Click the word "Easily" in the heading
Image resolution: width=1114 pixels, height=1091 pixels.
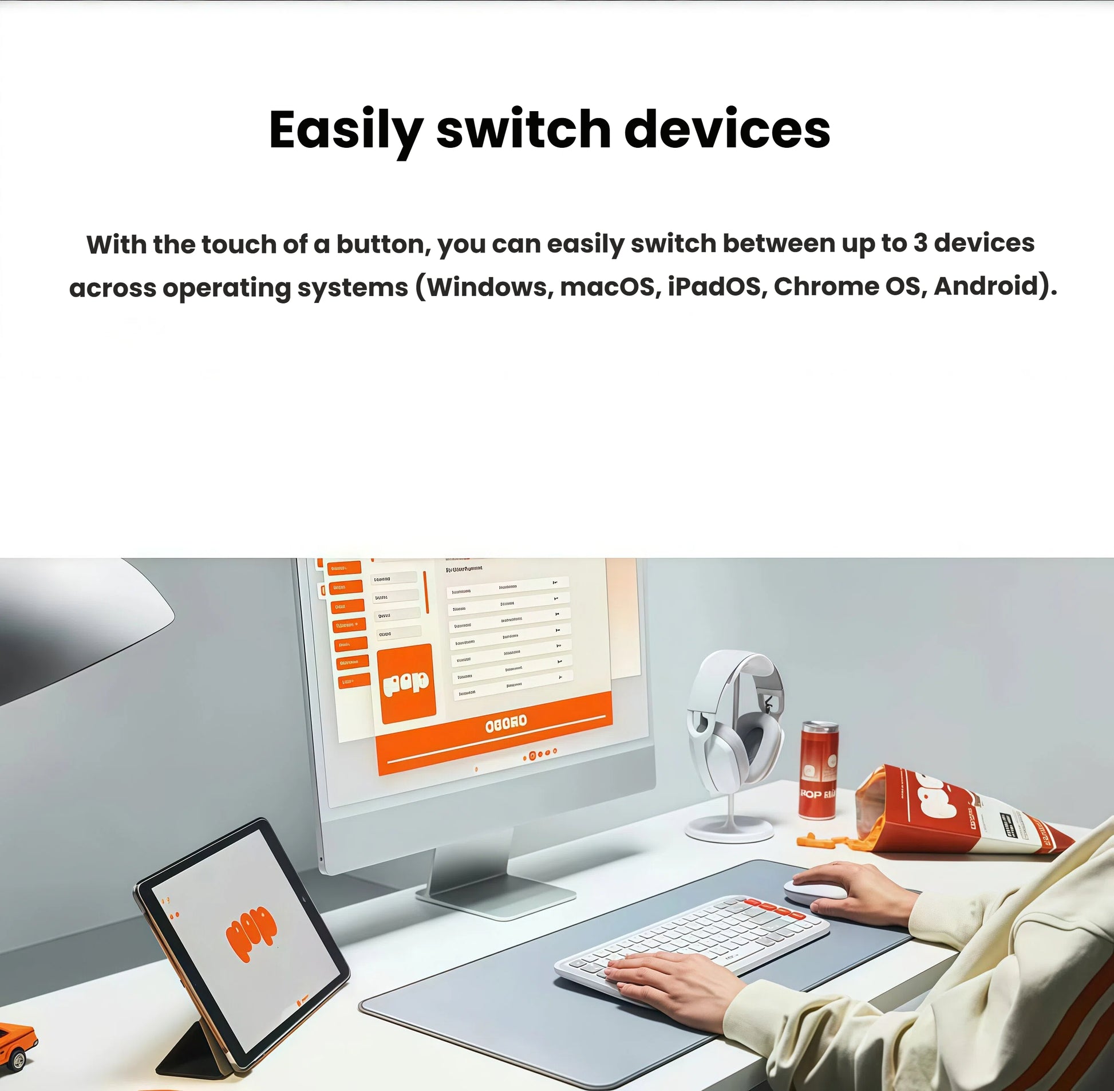[346, 131]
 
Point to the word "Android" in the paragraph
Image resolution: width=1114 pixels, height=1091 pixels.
[986, 286]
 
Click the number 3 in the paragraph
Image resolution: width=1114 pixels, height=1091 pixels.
[920, 243]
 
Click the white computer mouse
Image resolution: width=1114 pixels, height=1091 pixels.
[808, 891]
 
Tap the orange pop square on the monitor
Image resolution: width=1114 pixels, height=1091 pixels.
[406, 683]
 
